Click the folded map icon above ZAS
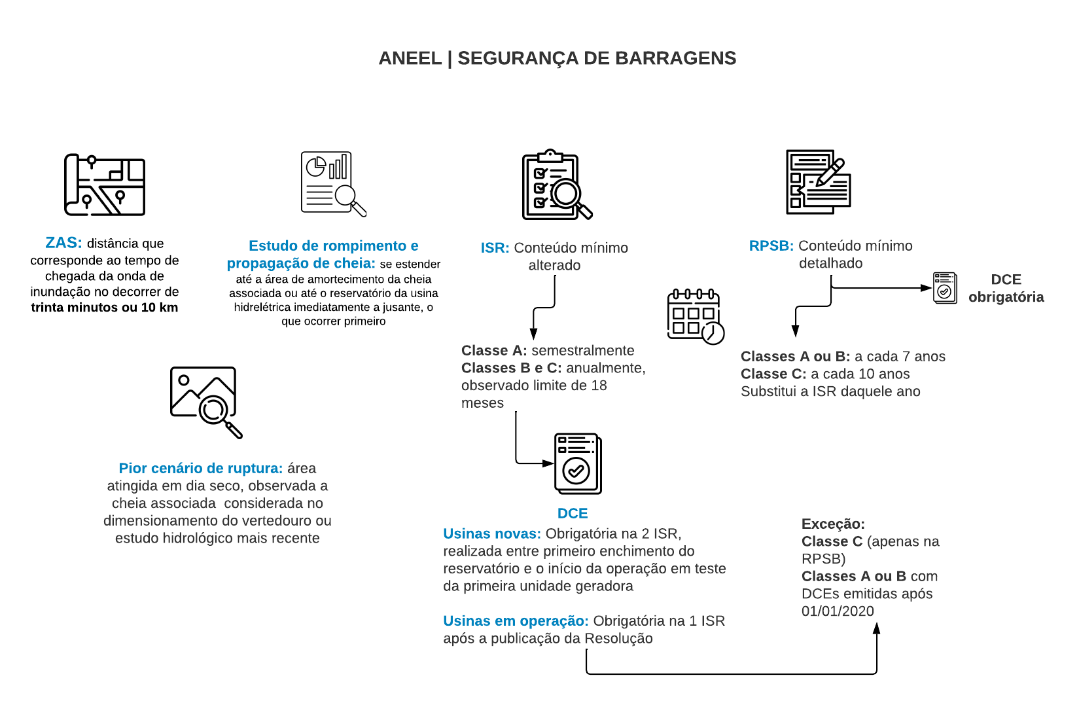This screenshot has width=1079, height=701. [105, 185]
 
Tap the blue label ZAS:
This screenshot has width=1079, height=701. [63, 243]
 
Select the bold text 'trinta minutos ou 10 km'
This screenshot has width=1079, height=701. [105, 308]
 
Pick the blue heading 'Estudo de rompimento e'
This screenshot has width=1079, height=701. [333, 246]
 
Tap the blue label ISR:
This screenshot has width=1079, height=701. [495, 248]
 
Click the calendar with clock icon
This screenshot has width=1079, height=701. [695, 316]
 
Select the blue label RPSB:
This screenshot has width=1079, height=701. [771, 246]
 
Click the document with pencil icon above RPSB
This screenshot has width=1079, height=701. [818, 182]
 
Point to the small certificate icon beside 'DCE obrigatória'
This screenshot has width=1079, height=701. [944, 288]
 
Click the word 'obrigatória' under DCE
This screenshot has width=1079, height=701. [1006, 297]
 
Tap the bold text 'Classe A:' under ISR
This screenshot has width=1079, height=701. [493, 351]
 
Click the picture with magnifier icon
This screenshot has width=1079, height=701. [205, 401]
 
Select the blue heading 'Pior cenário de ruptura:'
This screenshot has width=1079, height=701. [200, 469]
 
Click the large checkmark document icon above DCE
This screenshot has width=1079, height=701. [577, 463]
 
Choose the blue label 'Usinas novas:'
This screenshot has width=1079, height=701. [491, 534]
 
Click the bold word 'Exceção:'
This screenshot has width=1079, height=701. [833, 524]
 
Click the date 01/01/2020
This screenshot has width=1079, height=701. [838, 611]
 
